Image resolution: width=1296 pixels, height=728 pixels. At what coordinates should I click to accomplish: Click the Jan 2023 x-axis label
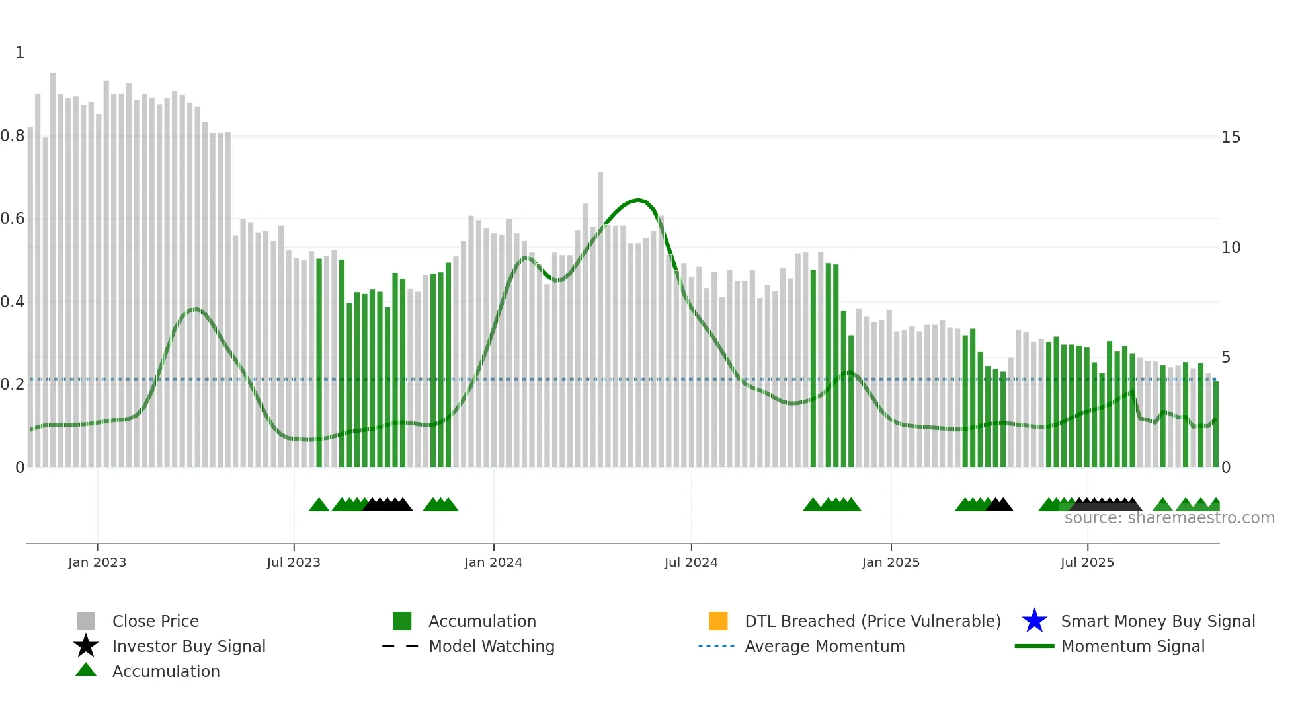click(x=97, y=562)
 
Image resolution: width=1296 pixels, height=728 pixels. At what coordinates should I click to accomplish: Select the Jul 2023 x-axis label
click(x=294, y=562)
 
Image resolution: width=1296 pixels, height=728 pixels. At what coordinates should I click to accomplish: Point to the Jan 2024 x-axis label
click(x=493, y=562)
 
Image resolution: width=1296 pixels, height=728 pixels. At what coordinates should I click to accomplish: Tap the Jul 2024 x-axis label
click(x=691, y=562)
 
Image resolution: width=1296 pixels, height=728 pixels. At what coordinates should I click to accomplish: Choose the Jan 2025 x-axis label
click(x=891, y=562)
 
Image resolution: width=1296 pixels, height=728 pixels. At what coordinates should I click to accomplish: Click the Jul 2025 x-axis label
click(x=1087, y=562)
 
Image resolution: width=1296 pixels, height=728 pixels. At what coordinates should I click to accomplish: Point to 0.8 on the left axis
click(x=13, y=136)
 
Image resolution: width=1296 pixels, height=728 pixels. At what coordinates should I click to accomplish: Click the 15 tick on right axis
click(x=1231, y=137)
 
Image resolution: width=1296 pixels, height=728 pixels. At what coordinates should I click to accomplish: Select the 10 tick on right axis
click(x=1231, y=248)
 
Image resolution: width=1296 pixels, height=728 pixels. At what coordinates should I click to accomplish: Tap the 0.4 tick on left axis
click(x=13, y=302)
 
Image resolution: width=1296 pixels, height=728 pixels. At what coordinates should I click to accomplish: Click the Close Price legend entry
click(x=155, y=621)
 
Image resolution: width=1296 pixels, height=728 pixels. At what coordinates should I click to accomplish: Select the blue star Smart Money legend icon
click(x=1034, y=621)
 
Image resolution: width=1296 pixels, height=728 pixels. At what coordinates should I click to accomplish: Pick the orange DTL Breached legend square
click(x=718, y=621)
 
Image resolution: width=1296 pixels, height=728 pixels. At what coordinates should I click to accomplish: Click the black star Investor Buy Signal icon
click(x=86, y=646)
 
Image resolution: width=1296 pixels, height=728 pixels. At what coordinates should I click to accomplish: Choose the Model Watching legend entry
click(x=491, y=646)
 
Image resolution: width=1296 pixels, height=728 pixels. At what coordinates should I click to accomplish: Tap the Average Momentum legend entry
click(x=825, y=646)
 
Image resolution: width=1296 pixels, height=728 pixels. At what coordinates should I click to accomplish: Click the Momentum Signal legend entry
click(x=1133, y=646)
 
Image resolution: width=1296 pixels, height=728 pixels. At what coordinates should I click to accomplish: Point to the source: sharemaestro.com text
click(x=1169, y=518)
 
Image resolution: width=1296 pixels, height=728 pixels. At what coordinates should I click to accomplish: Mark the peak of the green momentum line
click(x=637, y=200)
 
